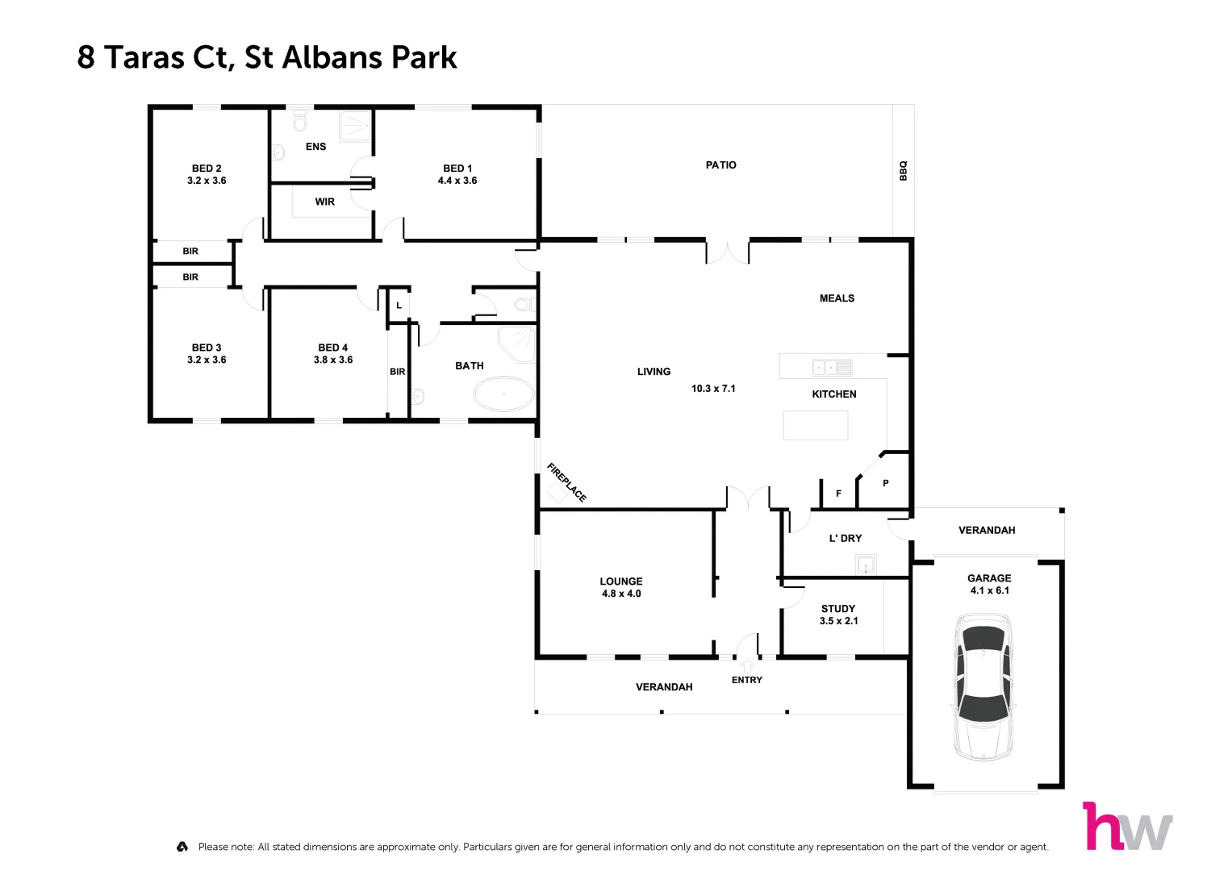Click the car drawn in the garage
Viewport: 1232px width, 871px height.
click(x=983, y=687)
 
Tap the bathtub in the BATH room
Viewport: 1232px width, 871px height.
click(x=503, y=395)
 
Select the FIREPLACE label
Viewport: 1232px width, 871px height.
click(x=566, y=482)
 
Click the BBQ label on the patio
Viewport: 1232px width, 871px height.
click(x=904, y=170)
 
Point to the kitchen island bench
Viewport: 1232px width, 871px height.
click(x=816, y=425)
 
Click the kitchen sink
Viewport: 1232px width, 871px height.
click(x=832, y=368)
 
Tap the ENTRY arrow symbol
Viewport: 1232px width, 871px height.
click(x=747, y=666)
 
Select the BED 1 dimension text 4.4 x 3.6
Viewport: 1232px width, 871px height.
click(x=457, y=181)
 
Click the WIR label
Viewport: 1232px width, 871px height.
click(x=324, y=202)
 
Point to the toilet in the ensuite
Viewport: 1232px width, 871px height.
click(x=300, y=121)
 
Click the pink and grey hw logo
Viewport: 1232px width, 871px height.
click(x=1127, y=827)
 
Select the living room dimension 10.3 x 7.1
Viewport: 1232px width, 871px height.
click(x=713, y=389)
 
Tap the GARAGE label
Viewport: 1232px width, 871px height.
click(x=989, y=578)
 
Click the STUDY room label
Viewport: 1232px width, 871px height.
click(x=838, y=609)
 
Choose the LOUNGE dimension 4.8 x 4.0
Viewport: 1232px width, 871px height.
click(x=621, y=594)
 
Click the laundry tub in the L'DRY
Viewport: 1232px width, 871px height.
click(x=866, y=565)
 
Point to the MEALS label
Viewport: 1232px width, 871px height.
click(x=837, y=298)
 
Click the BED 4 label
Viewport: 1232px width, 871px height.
click(x=332, y=348)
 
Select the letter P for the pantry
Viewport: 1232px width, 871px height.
click(x=886, y=483)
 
